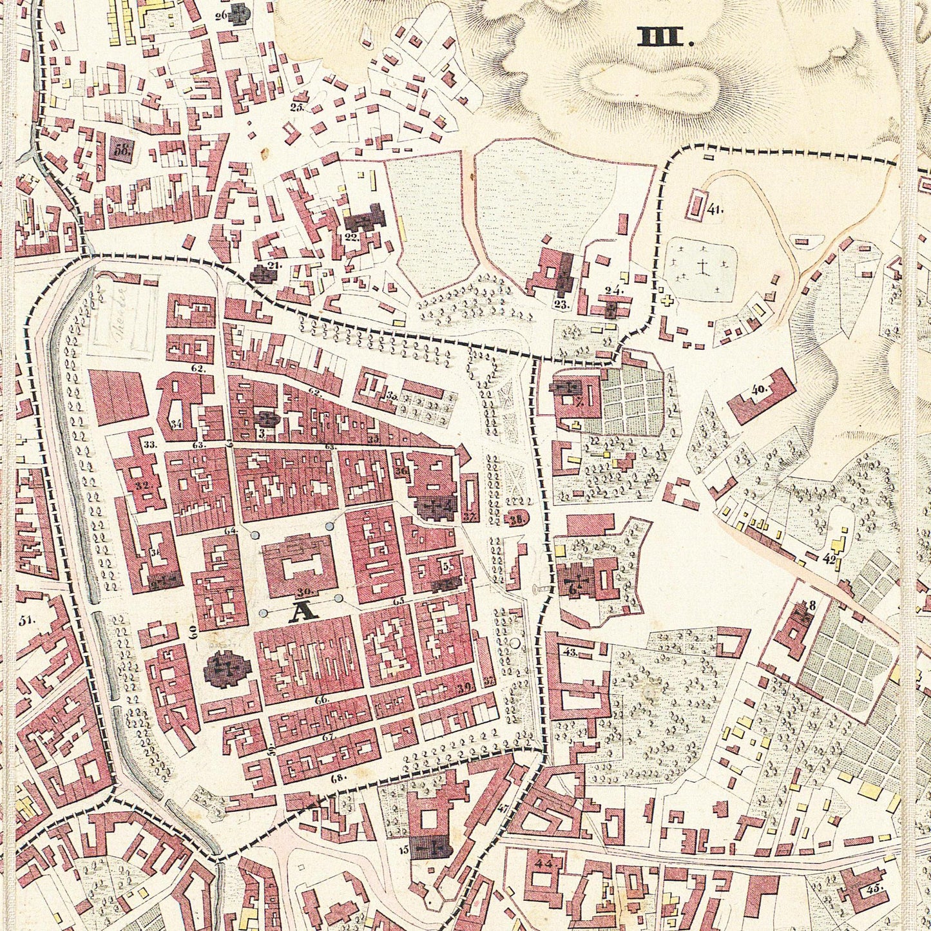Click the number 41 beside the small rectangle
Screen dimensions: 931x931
(x=715, y=209)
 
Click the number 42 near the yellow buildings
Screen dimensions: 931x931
(x=829, y=559)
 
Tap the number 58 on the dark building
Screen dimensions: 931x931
(x=121, y=151)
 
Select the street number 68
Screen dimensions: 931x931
(x=338, y=778)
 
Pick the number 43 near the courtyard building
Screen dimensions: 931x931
(x=570, y=652)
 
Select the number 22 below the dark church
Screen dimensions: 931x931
(x=351, y=236)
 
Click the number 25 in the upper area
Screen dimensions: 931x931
(x=296, y=108)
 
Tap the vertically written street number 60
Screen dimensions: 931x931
(x=192, y=631)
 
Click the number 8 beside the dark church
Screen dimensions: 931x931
(x=812, y=604)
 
